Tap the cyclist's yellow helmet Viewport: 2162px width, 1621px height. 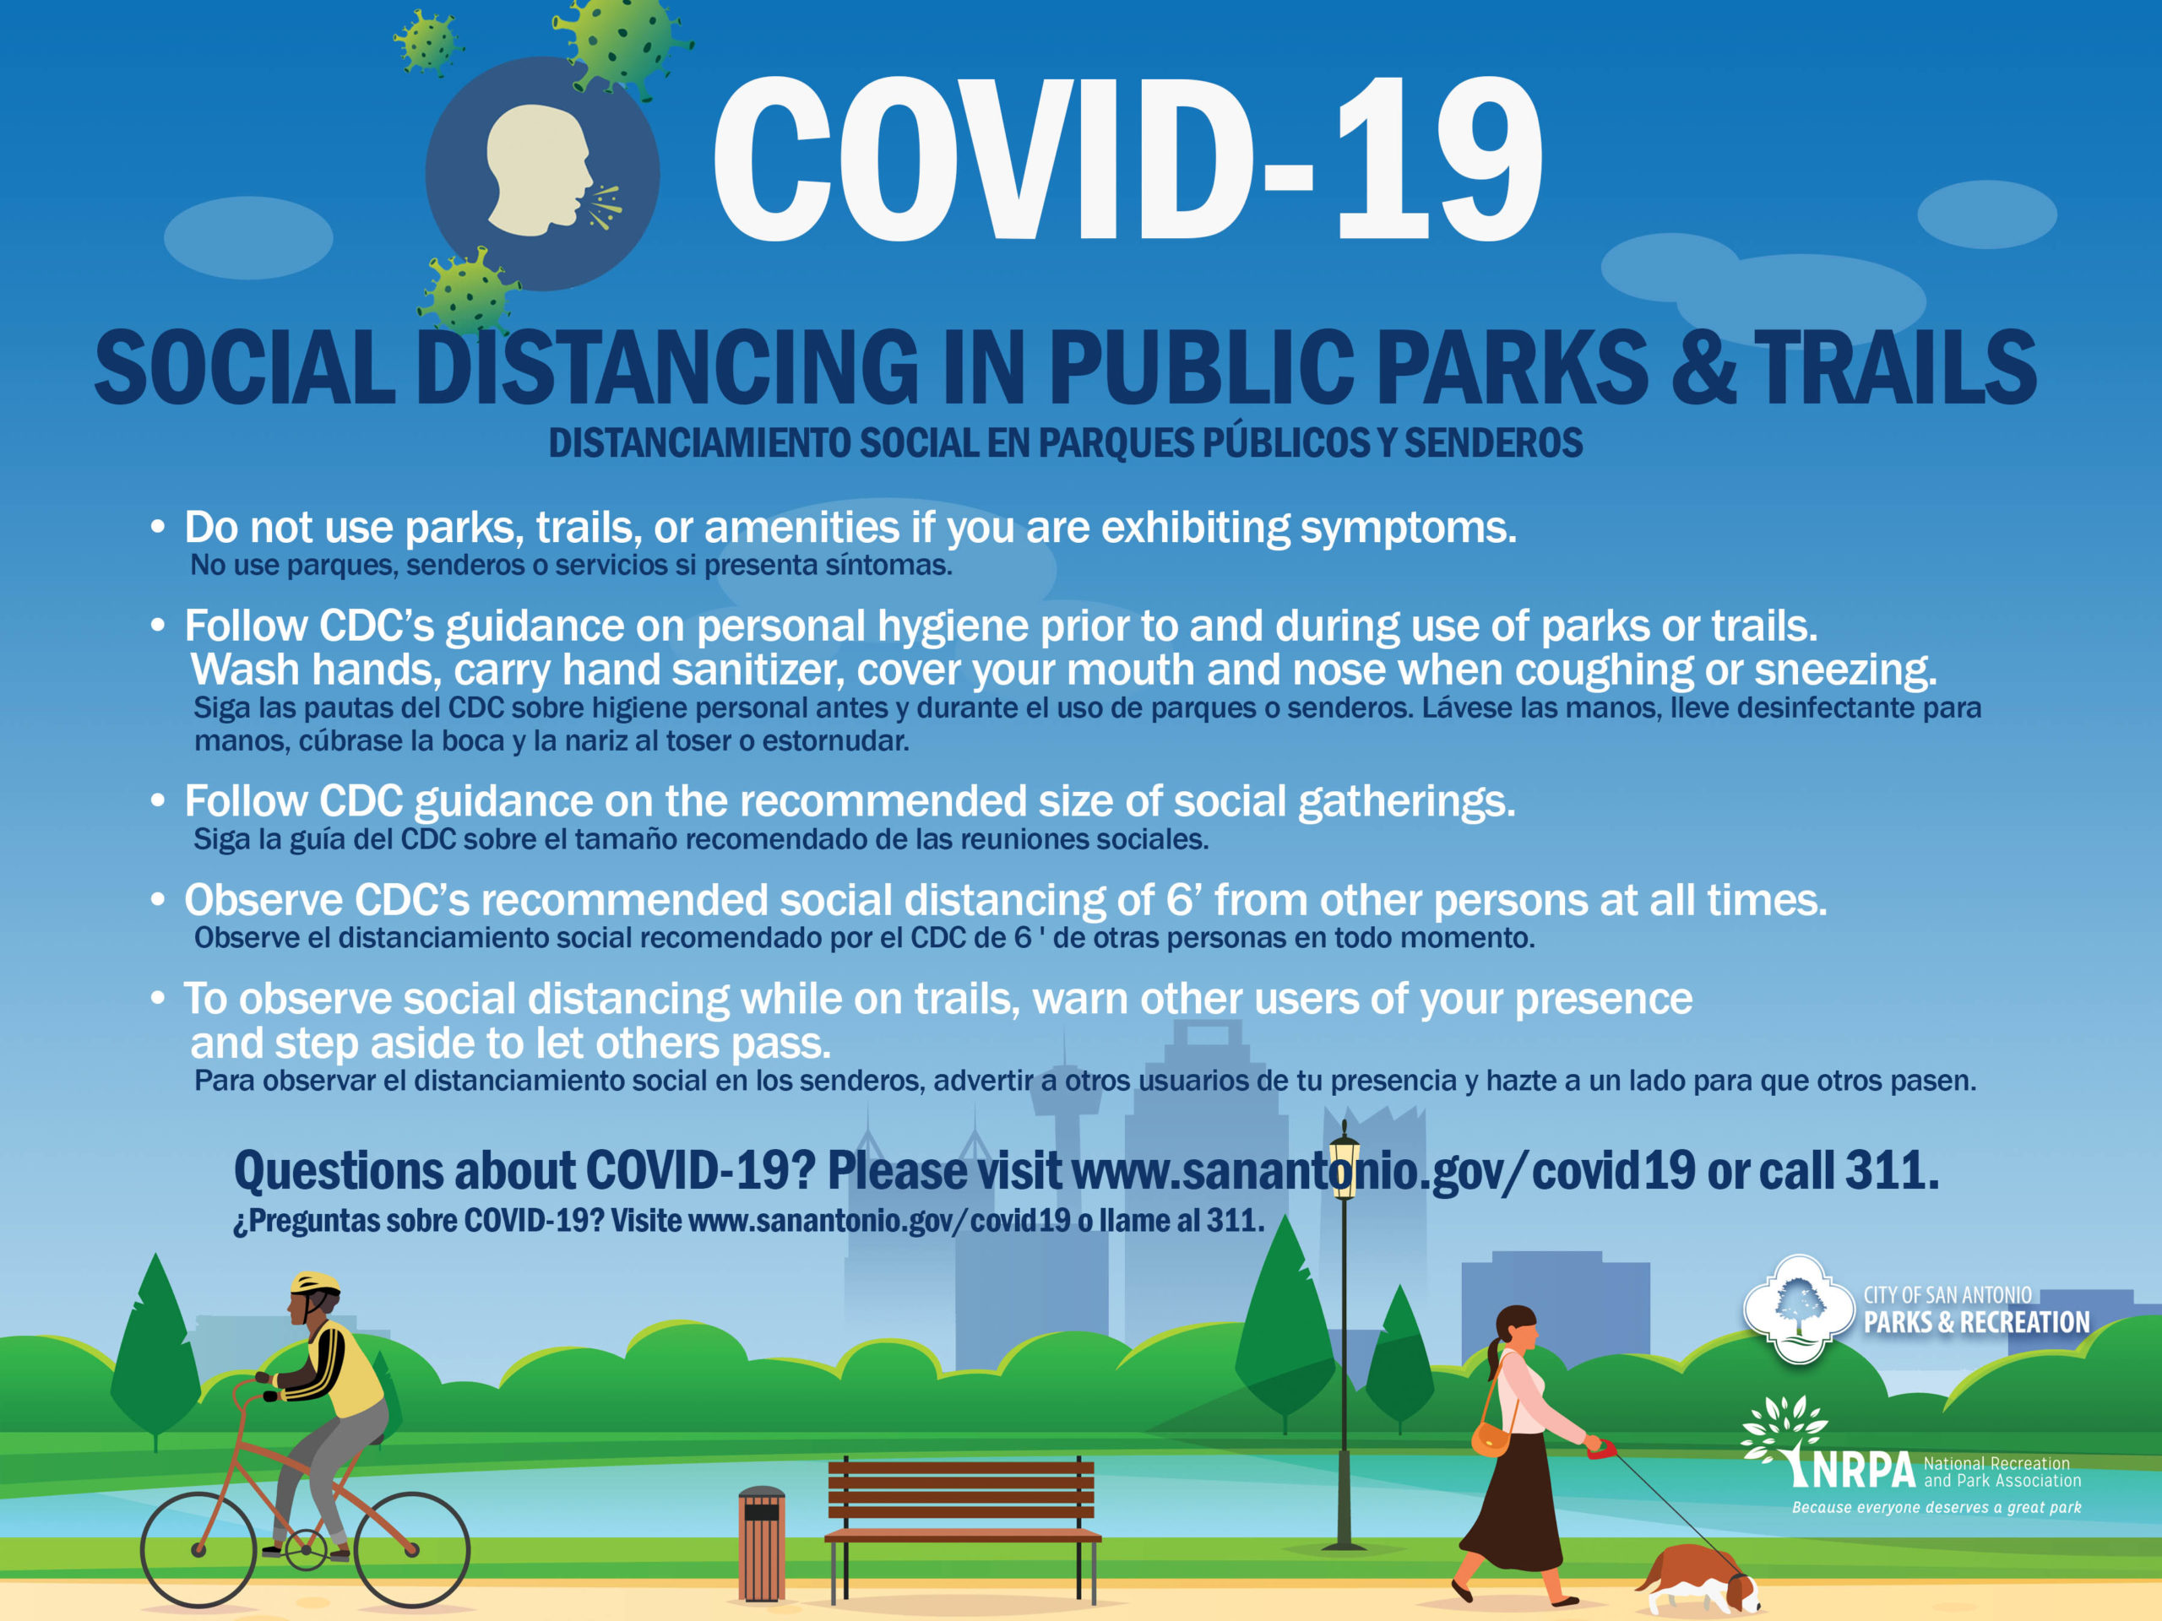316,1283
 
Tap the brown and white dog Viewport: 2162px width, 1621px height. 1698,1579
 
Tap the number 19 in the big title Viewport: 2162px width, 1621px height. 1440,160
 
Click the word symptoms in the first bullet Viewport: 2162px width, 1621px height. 1408,529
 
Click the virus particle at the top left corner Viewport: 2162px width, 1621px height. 426,41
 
